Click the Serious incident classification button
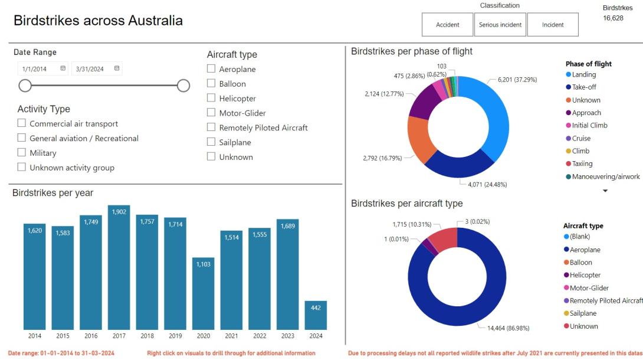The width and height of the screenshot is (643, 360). click(x=500, y=25)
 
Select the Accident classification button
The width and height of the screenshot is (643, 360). click(x=448, y=25)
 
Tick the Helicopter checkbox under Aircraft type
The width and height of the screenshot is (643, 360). click(x=211, y=99)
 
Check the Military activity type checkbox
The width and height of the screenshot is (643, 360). click(x=22, y=153)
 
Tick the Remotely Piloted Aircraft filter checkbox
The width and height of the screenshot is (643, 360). click(x=211, y=127)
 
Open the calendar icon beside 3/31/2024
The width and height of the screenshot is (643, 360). click(x=117, y=68)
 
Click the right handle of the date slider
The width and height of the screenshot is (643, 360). click(x=183, y=86)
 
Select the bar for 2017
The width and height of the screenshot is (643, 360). click(x=119, y=267)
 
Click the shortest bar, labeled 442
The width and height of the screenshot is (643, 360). click(x=316, y=315)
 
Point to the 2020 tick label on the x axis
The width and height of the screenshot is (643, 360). click(x=203, y=336)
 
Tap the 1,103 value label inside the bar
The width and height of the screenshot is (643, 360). click(x=203, y=264)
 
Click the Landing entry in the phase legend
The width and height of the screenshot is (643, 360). click(x=583, y=75)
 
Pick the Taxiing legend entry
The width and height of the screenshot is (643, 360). click(x=582, y=164)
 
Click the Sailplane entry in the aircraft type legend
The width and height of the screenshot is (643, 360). click(x=583, y=313)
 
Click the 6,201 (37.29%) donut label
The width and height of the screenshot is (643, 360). click(x=517, y=80)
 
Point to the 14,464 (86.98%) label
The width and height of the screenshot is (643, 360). click(x=508, y=328)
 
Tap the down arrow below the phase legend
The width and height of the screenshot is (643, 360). click(x=605, y=191)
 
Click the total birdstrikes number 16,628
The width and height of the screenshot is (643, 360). click(x=613, y=18)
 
